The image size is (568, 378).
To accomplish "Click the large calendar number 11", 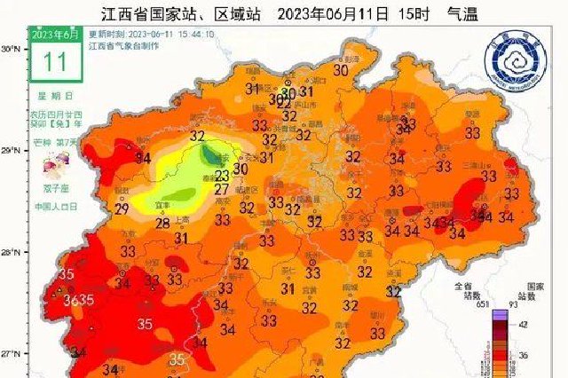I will coord(55,59).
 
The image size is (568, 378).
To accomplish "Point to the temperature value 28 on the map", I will coord(163,223).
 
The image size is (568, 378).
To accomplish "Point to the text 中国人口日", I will coord(57,206).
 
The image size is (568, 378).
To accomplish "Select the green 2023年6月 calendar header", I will coord(55,34).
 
